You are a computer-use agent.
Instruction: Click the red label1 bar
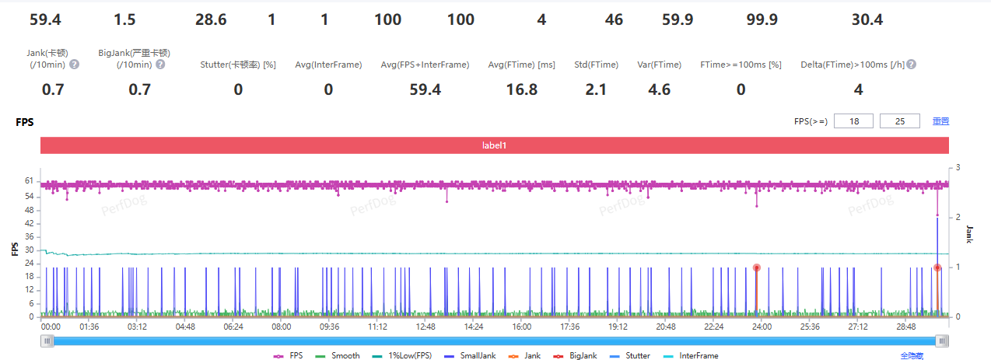point(495,145)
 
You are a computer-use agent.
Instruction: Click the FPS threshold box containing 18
point(853,121)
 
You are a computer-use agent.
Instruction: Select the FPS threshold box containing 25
point(899,121)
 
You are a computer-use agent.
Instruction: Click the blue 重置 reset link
point(940,121)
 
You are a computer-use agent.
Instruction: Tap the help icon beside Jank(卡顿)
point(75,65)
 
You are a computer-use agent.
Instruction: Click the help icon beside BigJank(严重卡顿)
point(160,65)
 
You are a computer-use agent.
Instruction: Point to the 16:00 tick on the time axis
point(522,327)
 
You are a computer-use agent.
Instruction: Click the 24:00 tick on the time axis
point(761,327)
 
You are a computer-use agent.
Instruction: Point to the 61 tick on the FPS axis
point(29,181)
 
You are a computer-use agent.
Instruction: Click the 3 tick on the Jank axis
point(958,168)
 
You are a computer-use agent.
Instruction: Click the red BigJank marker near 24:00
point(756,267)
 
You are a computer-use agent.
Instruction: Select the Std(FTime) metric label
point(596,65)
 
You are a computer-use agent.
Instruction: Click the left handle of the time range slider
point(47,341)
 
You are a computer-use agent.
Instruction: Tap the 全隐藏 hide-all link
point(912,355)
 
